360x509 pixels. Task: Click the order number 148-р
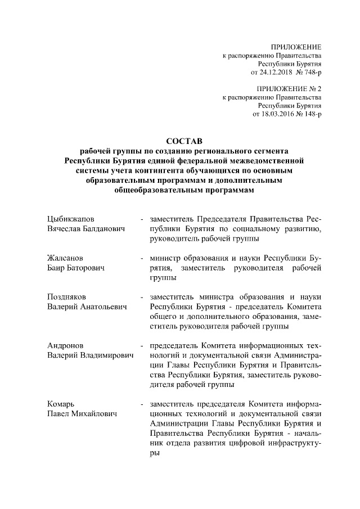tap(311, 114)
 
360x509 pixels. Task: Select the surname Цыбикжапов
tap(71, 219)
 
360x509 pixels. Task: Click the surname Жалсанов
tap(66, 258)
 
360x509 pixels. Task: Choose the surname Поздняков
tap(67, 296)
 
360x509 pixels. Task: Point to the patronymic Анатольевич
tap(103, 307)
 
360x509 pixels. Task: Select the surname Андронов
tap(66, 345)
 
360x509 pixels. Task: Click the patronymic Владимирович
tap(107, 355)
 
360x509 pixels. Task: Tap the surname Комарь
tap(61, 404)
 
